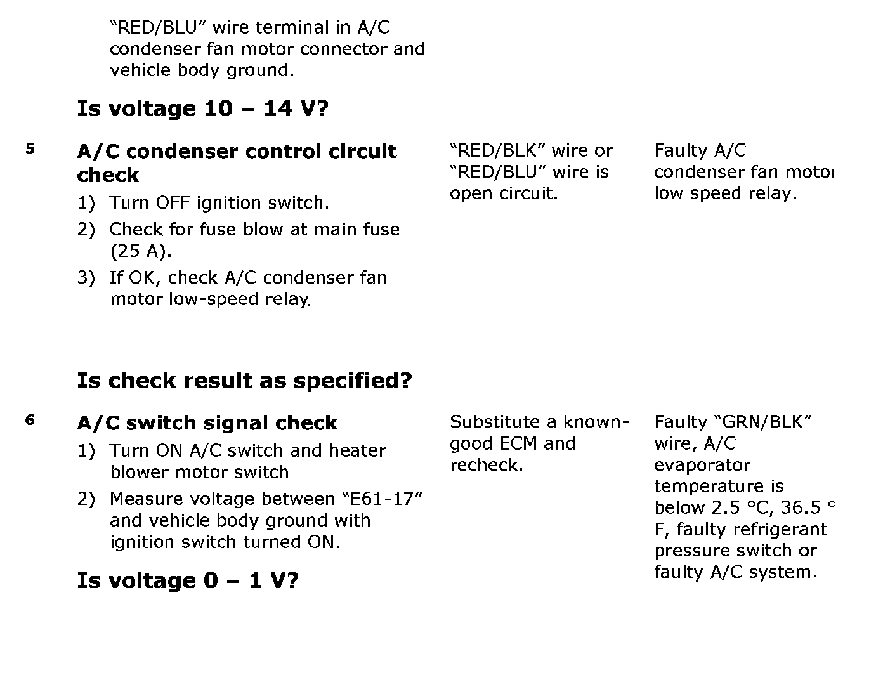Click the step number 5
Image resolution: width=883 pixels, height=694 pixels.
click(x=30, y=149)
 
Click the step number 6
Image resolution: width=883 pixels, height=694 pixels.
click(x=30, y=420)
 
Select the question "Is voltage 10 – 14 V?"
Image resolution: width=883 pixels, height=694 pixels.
click(x=202, y=108)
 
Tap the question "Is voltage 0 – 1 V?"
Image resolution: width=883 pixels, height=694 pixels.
click(x=187, y=580)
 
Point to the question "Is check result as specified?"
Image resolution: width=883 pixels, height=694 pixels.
click(x=244, y=381)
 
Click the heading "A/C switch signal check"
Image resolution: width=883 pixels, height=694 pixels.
click(x=207, y=423)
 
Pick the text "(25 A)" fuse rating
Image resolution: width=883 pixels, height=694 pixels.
click(x=140, y=251)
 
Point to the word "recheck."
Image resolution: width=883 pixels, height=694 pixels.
click(x=487, y=466)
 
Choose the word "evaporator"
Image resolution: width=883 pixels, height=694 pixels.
click(x=702, y=466)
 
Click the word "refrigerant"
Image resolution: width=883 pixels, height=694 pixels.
click(x=783, y=530)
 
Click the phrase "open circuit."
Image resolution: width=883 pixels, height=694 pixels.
click(x=504, y=193)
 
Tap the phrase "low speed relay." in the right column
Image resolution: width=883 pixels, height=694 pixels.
click(x=725, y=193)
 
